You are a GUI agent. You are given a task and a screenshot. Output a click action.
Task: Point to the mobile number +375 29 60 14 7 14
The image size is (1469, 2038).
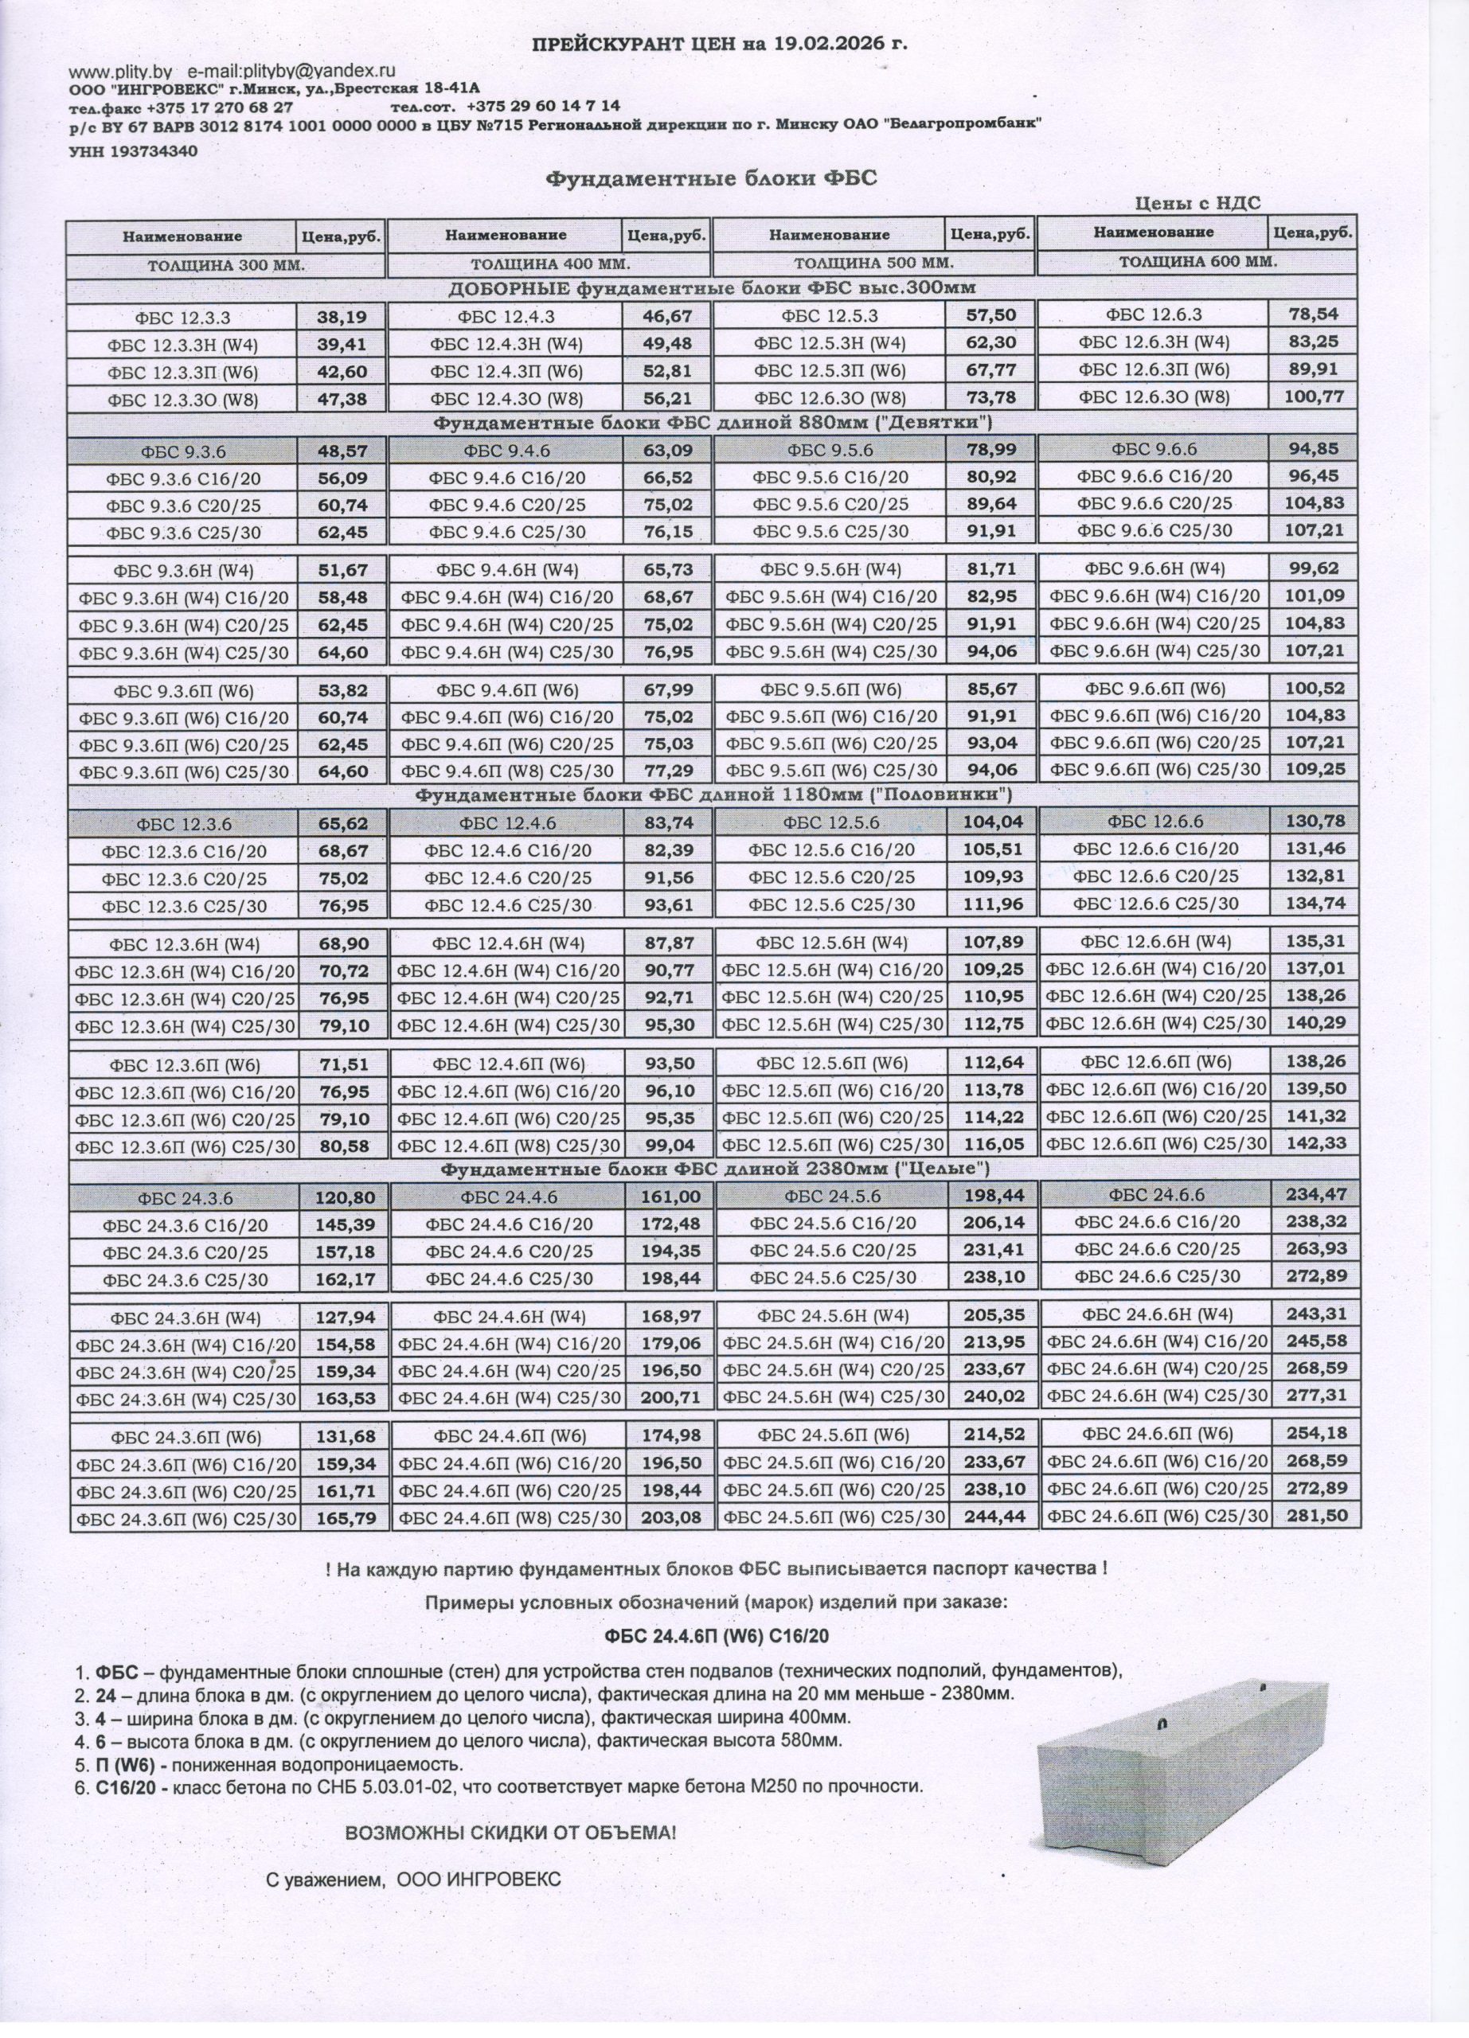pos(544,106)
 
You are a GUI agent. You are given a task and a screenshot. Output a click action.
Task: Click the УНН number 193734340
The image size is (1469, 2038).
pos(154,151)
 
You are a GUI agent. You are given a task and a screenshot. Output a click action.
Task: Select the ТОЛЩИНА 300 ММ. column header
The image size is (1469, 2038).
pos(226,265)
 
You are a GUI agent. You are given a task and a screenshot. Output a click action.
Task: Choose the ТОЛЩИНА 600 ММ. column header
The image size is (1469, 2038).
pos(1197,263)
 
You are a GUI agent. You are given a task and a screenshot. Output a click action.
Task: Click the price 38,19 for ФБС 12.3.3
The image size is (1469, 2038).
pos(342,316)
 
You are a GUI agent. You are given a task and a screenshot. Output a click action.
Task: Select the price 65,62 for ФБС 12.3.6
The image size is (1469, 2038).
pos(342,823)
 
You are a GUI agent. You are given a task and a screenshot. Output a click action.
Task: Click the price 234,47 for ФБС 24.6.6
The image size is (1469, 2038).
pos(1315,1194)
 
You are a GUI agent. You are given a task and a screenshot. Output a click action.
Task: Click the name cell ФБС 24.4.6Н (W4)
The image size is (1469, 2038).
pos(509,1317)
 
